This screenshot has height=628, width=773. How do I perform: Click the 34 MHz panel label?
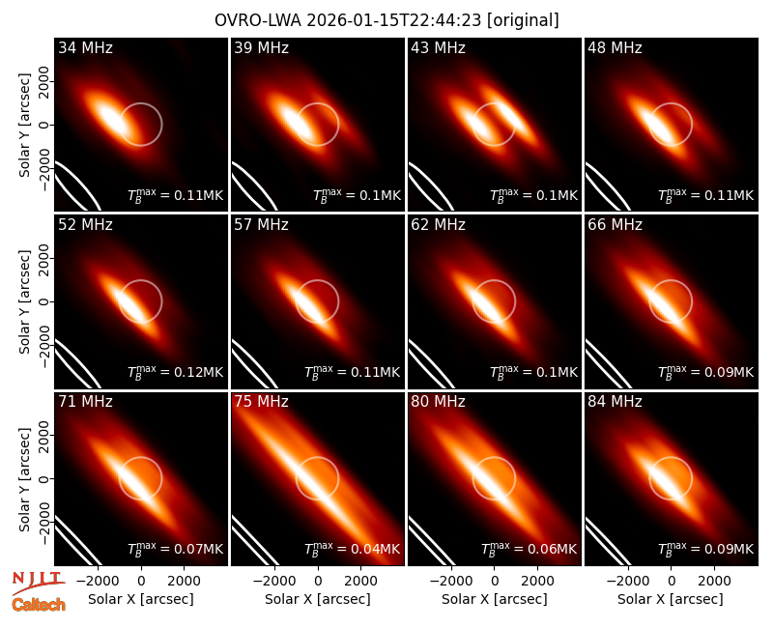tap(85, 47)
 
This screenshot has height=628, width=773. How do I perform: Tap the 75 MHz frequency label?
tap(261, 402)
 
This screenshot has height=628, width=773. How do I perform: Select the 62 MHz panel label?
tap(439, 225)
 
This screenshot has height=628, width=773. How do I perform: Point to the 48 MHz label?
tap(615, 47)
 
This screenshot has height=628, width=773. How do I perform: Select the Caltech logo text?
tap(39, 605)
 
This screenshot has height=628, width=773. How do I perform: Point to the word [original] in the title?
tap(523, 20)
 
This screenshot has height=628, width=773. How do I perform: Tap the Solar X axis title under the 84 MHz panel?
tap(671, 599)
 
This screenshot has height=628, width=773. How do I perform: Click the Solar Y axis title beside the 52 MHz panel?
tap(24, 301)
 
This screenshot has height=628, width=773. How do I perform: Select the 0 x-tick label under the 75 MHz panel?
tap(318, 581)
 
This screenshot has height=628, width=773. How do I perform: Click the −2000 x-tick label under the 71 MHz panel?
tap(96, 581)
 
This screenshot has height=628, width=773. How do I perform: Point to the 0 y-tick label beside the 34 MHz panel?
tap(43, 125)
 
